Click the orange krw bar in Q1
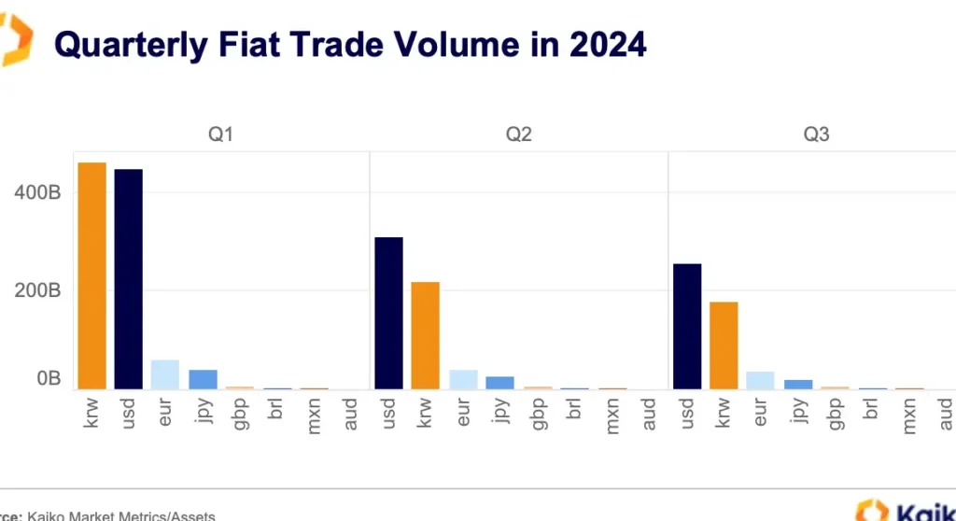point(91,275)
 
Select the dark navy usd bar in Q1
point(128,279)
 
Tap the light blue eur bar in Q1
point(165,373)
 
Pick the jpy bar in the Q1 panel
point(203,379)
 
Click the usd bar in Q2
point(388,313)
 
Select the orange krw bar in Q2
point(426,335)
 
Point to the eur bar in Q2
point(463,379)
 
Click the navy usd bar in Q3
point(686,326)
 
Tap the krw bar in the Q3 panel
point(724,345)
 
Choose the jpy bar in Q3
point(798,384)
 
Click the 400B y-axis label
point(37,193)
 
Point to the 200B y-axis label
point(37,290)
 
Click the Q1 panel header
point(220,134)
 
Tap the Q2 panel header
point(519,134)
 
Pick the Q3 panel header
point(817,134)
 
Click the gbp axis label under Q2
point(538,414)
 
